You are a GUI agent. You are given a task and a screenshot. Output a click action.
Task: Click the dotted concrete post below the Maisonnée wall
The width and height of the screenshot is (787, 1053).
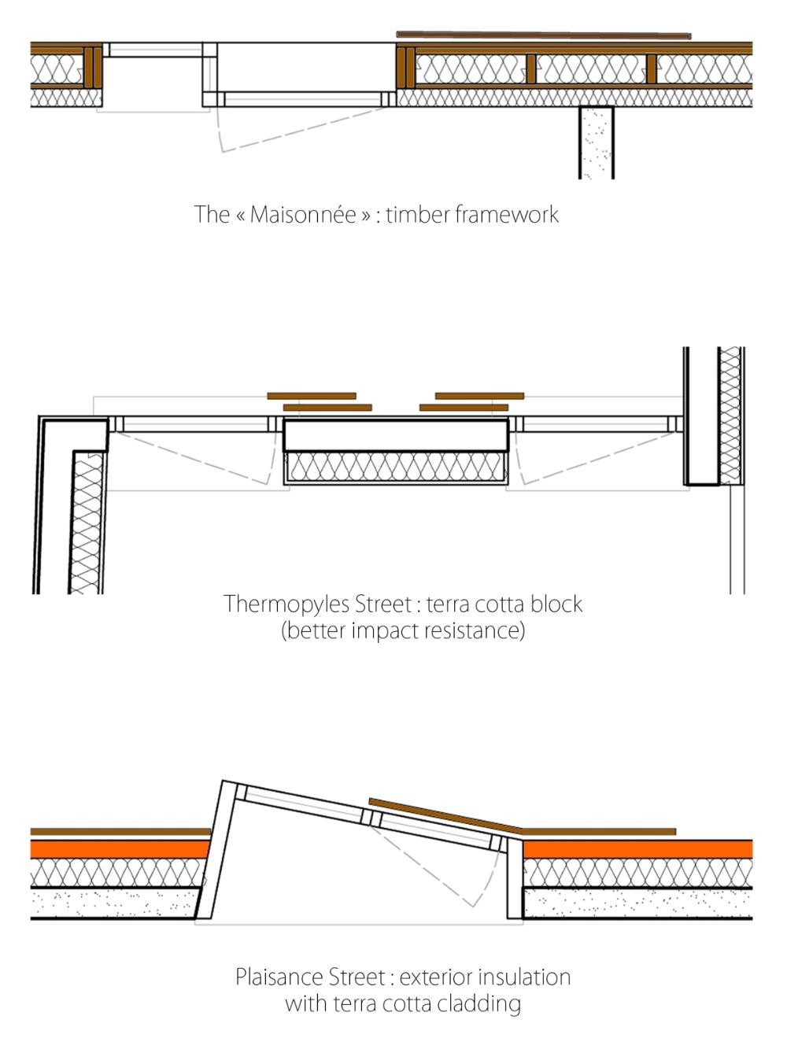point(597,142)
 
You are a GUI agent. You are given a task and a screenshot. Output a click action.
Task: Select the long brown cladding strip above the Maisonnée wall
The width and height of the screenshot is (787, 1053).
point(543,35)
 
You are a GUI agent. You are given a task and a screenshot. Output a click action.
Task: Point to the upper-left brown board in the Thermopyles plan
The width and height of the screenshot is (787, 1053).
point(312,396)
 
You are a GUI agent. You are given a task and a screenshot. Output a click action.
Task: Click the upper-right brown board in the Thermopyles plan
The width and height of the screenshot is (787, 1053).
point(479,396)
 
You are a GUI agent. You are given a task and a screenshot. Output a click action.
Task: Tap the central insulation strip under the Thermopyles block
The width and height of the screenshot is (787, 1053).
point(395,467)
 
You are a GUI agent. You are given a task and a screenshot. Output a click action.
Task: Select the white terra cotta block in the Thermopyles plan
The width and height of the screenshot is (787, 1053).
point(395,434)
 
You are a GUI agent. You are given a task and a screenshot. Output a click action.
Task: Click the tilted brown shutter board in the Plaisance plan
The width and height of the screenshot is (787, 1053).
point(445,815)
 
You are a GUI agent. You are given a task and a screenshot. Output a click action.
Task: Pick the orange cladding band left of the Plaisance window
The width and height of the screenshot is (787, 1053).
point(120,849)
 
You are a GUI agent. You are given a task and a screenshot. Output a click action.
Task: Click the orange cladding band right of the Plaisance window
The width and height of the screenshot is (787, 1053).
point(637,849)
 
